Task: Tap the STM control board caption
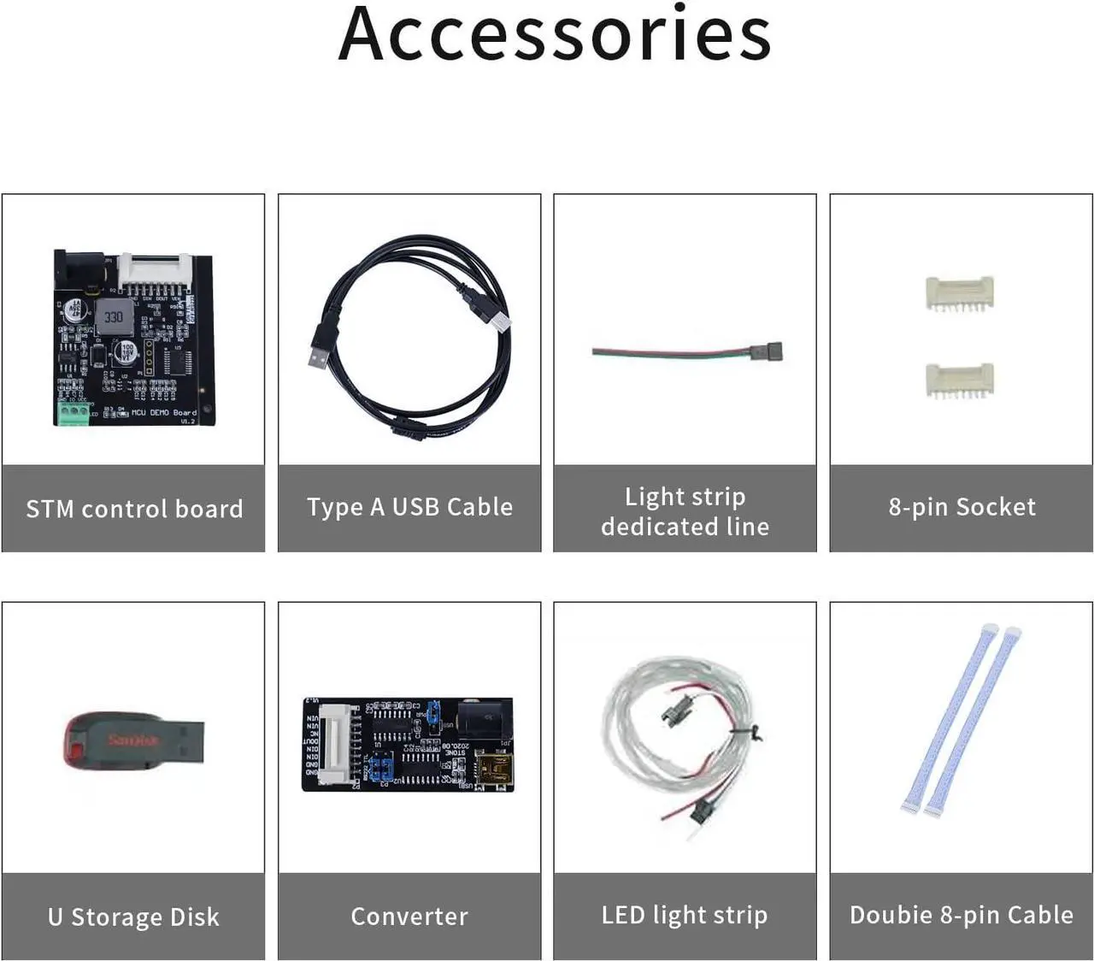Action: [x=134, y=509]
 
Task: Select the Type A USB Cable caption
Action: [x=409, y=507]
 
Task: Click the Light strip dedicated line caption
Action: [x=685, y=511]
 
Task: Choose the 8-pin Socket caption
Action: [x=962, y=507]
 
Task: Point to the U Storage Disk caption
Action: [x=133, y=917]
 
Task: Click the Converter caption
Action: [x=409, y=916]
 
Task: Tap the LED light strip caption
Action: [x=685, y=915]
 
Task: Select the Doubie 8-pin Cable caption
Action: [x=962, y=915]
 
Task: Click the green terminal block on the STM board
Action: [x=74, y=413]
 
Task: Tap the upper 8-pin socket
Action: [x=959, y=292]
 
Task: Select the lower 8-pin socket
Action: [x=959, y=379]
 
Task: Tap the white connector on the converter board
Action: [x=337, y=743]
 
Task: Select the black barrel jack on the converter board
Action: [x=485, y=720]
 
